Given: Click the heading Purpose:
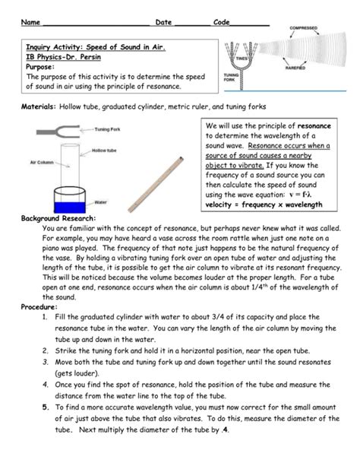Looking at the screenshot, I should click(43, 67).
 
